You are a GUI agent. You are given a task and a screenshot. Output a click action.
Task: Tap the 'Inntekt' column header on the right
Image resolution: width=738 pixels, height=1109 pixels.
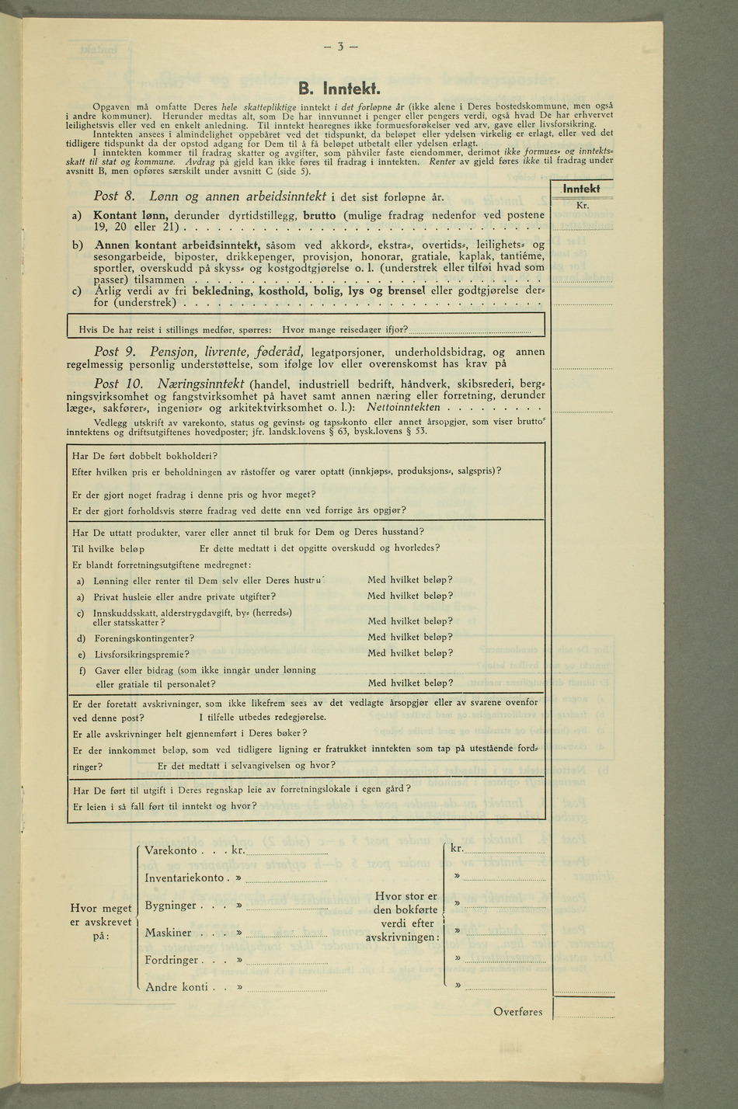coord(581,189)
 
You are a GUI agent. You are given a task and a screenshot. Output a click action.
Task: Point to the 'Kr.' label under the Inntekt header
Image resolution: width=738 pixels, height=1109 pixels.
coord(582,206)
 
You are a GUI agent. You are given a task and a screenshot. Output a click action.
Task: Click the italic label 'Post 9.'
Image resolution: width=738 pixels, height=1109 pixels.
coord(115,352)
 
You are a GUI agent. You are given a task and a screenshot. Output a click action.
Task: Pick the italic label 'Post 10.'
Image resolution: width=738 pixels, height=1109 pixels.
coord(118,384)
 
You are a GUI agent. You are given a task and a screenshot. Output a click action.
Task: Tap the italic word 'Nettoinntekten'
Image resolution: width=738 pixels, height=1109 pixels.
coord(403,407)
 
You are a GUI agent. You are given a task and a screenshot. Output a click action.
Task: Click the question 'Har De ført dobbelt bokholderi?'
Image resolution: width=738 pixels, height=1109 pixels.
coord(144,455)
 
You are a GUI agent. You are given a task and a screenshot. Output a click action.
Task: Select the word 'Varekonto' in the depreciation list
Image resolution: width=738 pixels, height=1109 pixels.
coord(171,850)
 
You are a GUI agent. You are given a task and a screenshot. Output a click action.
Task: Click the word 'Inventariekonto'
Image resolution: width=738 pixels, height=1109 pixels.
coord(184,878)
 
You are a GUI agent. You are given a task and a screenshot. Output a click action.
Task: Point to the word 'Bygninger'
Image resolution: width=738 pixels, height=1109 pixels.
coord(170,906)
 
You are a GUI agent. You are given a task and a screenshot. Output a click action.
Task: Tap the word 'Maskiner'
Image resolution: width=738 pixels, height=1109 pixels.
coord(168,933)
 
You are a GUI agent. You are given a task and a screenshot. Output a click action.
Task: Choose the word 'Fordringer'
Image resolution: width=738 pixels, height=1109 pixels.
coord(172,960)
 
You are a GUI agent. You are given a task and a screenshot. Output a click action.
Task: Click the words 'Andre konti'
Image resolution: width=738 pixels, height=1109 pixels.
coord(176,987)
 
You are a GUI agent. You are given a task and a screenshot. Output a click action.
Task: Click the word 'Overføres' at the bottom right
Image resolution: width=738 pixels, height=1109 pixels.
coord(519,1011)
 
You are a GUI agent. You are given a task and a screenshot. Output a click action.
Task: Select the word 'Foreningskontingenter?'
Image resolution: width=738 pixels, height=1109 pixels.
coord(144,638)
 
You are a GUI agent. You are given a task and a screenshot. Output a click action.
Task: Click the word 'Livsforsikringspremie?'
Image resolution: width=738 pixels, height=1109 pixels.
coord(144,654)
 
